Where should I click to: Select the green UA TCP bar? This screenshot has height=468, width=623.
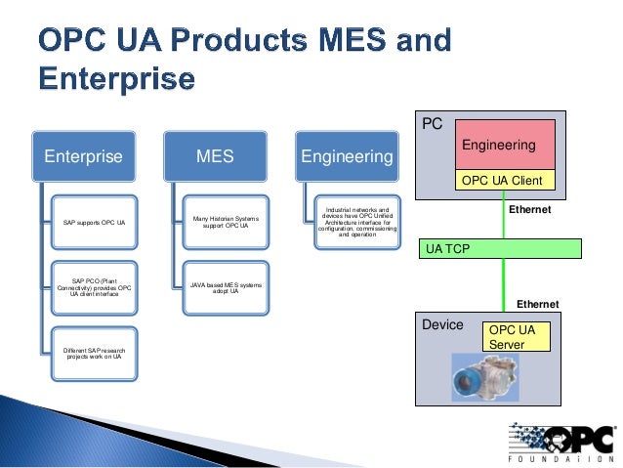point(501,248)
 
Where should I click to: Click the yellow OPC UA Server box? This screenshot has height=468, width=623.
point(517,338)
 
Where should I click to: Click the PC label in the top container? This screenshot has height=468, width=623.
point(432,125)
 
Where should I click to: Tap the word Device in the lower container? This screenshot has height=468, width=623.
point(442,324)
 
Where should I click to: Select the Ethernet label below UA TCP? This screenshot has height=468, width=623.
point(537,304)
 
